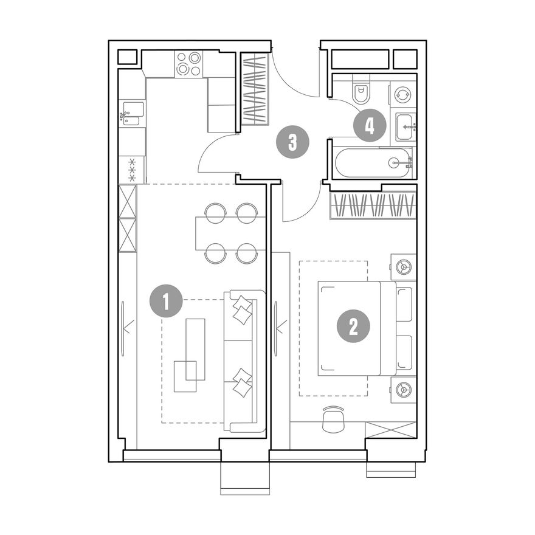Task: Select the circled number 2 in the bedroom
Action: [353, 326]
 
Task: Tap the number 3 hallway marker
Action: [292, 142]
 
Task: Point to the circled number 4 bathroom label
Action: [370, 126]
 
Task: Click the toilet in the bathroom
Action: [361, 92]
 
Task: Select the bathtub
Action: [374, 162]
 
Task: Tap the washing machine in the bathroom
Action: [403, 95]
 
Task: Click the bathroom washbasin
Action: [406, 126]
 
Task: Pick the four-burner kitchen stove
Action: [188, 64]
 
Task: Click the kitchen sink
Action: [133, 114]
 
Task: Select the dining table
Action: [230, 233]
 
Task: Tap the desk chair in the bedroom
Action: [333, 419]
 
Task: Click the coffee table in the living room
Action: [196, 350]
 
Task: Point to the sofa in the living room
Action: [244, 361]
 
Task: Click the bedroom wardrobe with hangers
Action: [373, 205]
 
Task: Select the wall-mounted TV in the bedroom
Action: [275, 329]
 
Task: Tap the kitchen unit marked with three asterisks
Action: [132, 170]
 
